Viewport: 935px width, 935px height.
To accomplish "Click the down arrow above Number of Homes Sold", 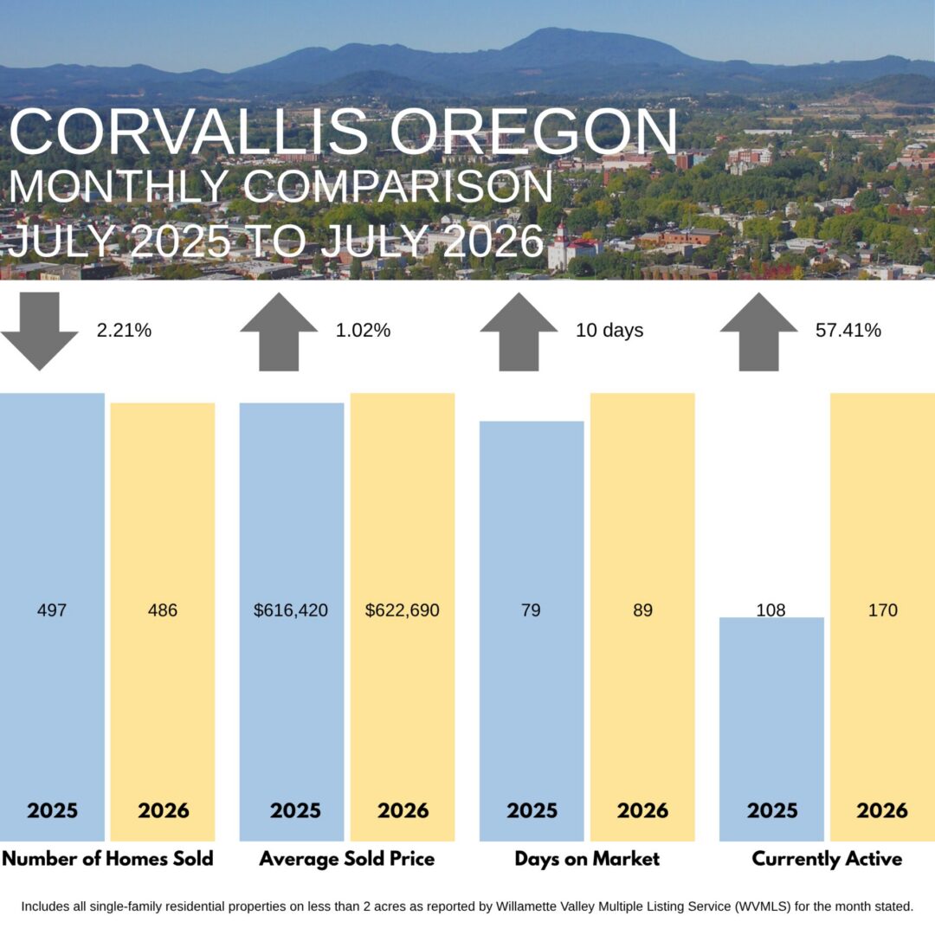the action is point(39,331).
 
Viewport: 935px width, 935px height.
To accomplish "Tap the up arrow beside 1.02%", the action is point(279,331).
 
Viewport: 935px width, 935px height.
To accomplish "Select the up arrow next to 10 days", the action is point(519,331).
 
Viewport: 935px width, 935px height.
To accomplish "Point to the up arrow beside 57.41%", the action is point(758,331).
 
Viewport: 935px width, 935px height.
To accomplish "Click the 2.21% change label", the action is point(124,331).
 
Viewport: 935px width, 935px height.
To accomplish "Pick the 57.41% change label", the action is point(848,331).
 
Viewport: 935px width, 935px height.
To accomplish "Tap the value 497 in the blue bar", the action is point(52,610).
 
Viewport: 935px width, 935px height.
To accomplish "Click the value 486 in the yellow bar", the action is point(163,610).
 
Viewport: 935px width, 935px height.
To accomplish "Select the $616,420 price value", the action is point(291,610).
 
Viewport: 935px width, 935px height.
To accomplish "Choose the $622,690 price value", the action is point(403,610).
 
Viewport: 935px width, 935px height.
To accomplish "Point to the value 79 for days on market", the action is point(531,610).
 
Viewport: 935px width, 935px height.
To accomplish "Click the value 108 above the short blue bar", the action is point(771,610).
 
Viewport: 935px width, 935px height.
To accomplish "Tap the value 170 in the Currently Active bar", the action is point(882,610).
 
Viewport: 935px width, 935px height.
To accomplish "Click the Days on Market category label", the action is point(587,859).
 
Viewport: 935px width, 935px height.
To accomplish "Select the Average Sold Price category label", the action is point(347,859).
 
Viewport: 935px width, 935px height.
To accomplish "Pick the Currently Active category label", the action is point(827,860).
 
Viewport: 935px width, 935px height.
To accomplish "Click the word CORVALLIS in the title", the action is point(189,132).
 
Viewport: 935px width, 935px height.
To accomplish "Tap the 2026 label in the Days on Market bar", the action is point(642,810).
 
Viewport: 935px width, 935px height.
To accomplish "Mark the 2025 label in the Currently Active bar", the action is point(772,810).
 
